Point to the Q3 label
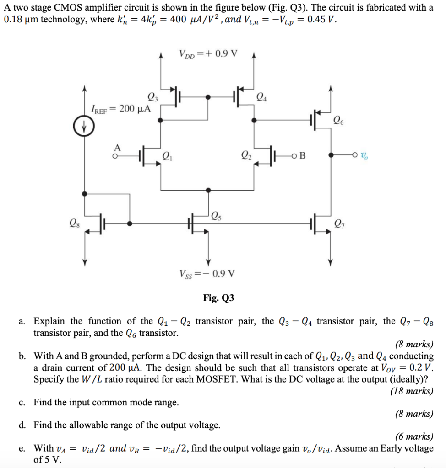click(152, 96)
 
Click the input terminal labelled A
click(117, 147)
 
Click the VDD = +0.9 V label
click(208, 53)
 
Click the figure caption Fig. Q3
click(218, 298)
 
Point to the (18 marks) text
click(411, 391)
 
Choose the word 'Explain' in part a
click(50, 321)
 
